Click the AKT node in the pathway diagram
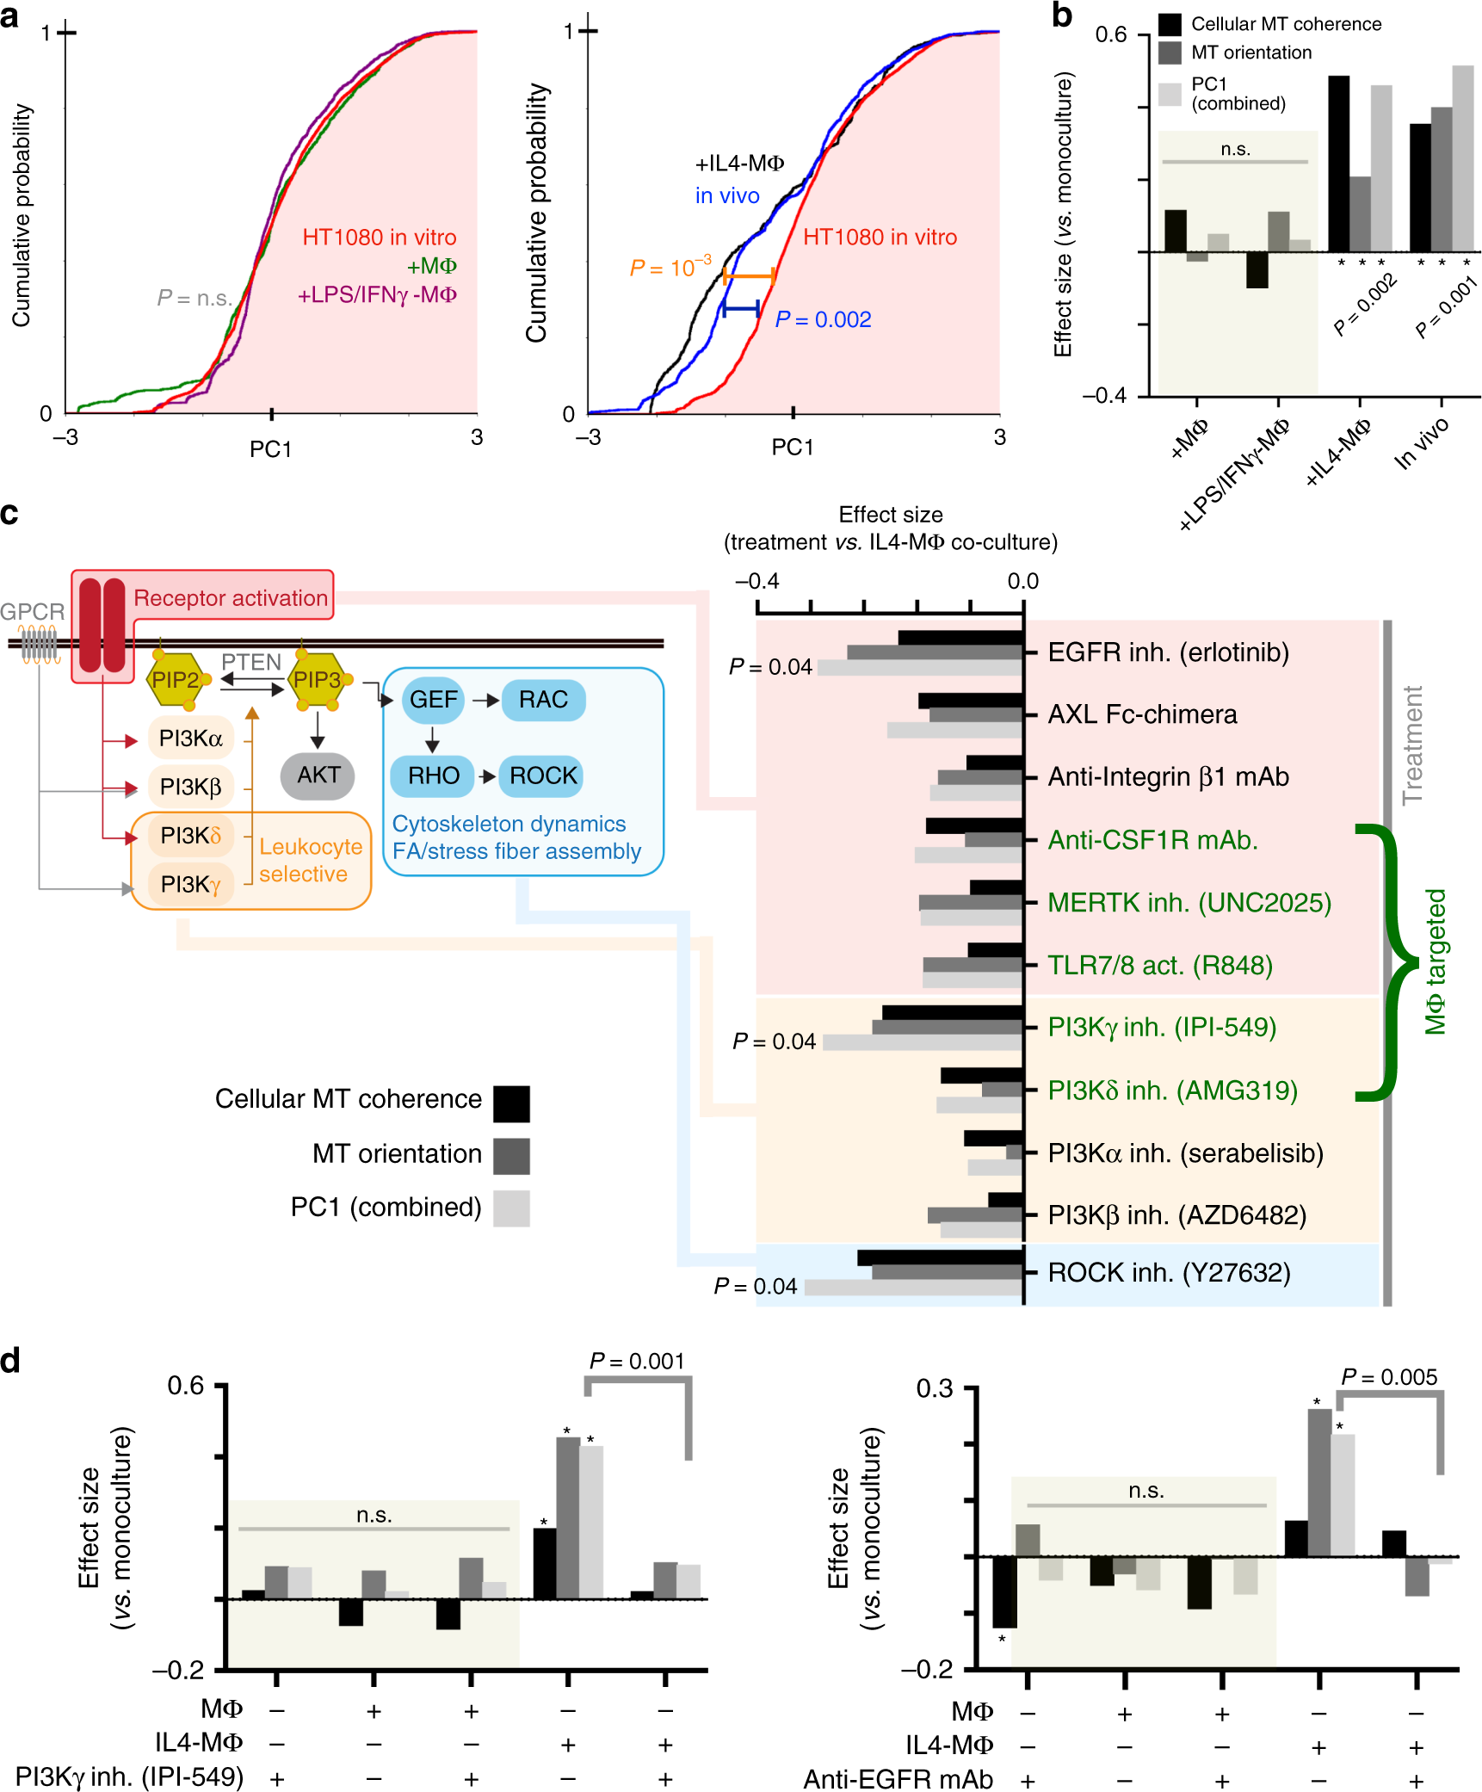(318, 775)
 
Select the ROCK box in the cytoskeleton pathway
(542, 776)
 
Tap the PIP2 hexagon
(176, 680)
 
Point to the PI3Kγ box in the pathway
(191, 884)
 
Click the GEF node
(433, 700)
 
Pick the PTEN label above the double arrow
(251, 662)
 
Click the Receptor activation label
(231, 597)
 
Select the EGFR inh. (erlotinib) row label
(1168, 652)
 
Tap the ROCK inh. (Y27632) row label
(1169, 1272)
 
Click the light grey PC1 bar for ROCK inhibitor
(912, 1288)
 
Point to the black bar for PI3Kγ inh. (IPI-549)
(952, 1012)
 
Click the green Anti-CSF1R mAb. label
(1152, 839)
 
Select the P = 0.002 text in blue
(823, 319)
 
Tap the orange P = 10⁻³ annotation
(670, 268)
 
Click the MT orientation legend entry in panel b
(1250, 53)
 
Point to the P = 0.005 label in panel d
(1388, 1377)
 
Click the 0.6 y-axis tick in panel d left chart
(186, 1386)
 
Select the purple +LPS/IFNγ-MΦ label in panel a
(377, 295)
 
